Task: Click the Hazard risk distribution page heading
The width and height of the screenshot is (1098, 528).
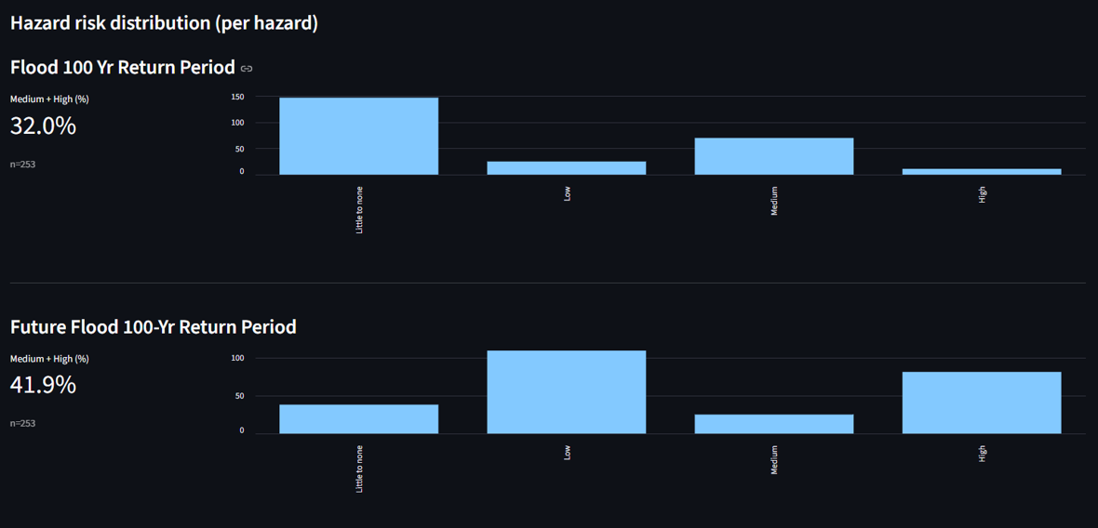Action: (x=164, y=23)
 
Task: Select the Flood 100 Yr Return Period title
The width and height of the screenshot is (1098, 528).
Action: (x=122, y=68)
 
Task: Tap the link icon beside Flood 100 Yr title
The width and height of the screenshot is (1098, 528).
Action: (x=247, y=69)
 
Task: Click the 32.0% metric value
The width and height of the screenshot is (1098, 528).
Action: (x=43, y=126)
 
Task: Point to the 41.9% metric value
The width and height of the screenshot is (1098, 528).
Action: (x=43, y=385)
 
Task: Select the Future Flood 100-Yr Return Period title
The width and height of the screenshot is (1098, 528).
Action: (x=153, y=327)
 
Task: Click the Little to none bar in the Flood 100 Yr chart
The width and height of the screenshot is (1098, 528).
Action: (x=358, y=136)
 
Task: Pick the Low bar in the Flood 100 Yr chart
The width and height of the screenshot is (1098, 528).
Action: (x=566, y=168)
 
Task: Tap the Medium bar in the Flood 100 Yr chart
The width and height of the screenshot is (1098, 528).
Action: (x=773, y=156)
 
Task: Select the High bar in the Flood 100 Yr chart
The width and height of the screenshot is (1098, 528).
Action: (x=981, y=172)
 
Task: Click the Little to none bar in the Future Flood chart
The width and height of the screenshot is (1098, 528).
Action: (x=358, y=419)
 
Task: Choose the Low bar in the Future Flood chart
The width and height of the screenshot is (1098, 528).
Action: (x=566, y=392)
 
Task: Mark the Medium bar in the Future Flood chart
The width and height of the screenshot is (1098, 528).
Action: (x=773, y=424)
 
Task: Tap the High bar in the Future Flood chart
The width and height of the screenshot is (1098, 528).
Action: (x=981, y=403)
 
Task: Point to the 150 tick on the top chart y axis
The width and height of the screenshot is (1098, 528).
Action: (x=237, y=97)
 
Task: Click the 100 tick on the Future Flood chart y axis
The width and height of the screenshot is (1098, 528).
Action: (x=237, y=358)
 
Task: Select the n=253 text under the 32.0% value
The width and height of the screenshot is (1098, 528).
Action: (x=23, y=165)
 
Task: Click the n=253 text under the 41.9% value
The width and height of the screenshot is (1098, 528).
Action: (x=23, y=424)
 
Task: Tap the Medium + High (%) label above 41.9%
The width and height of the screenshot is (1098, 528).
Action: (x=49, y=359)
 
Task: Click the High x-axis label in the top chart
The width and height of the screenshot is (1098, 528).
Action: (x=982, y=194)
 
